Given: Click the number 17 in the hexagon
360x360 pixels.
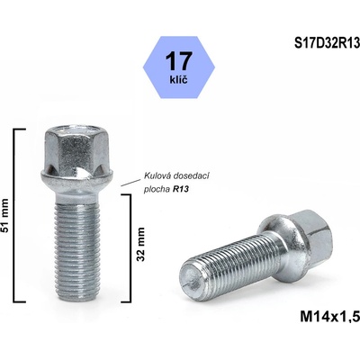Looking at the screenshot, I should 179,60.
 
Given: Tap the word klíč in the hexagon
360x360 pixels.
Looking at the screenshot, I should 179,81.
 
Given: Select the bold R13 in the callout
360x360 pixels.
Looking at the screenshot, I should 185,189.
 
